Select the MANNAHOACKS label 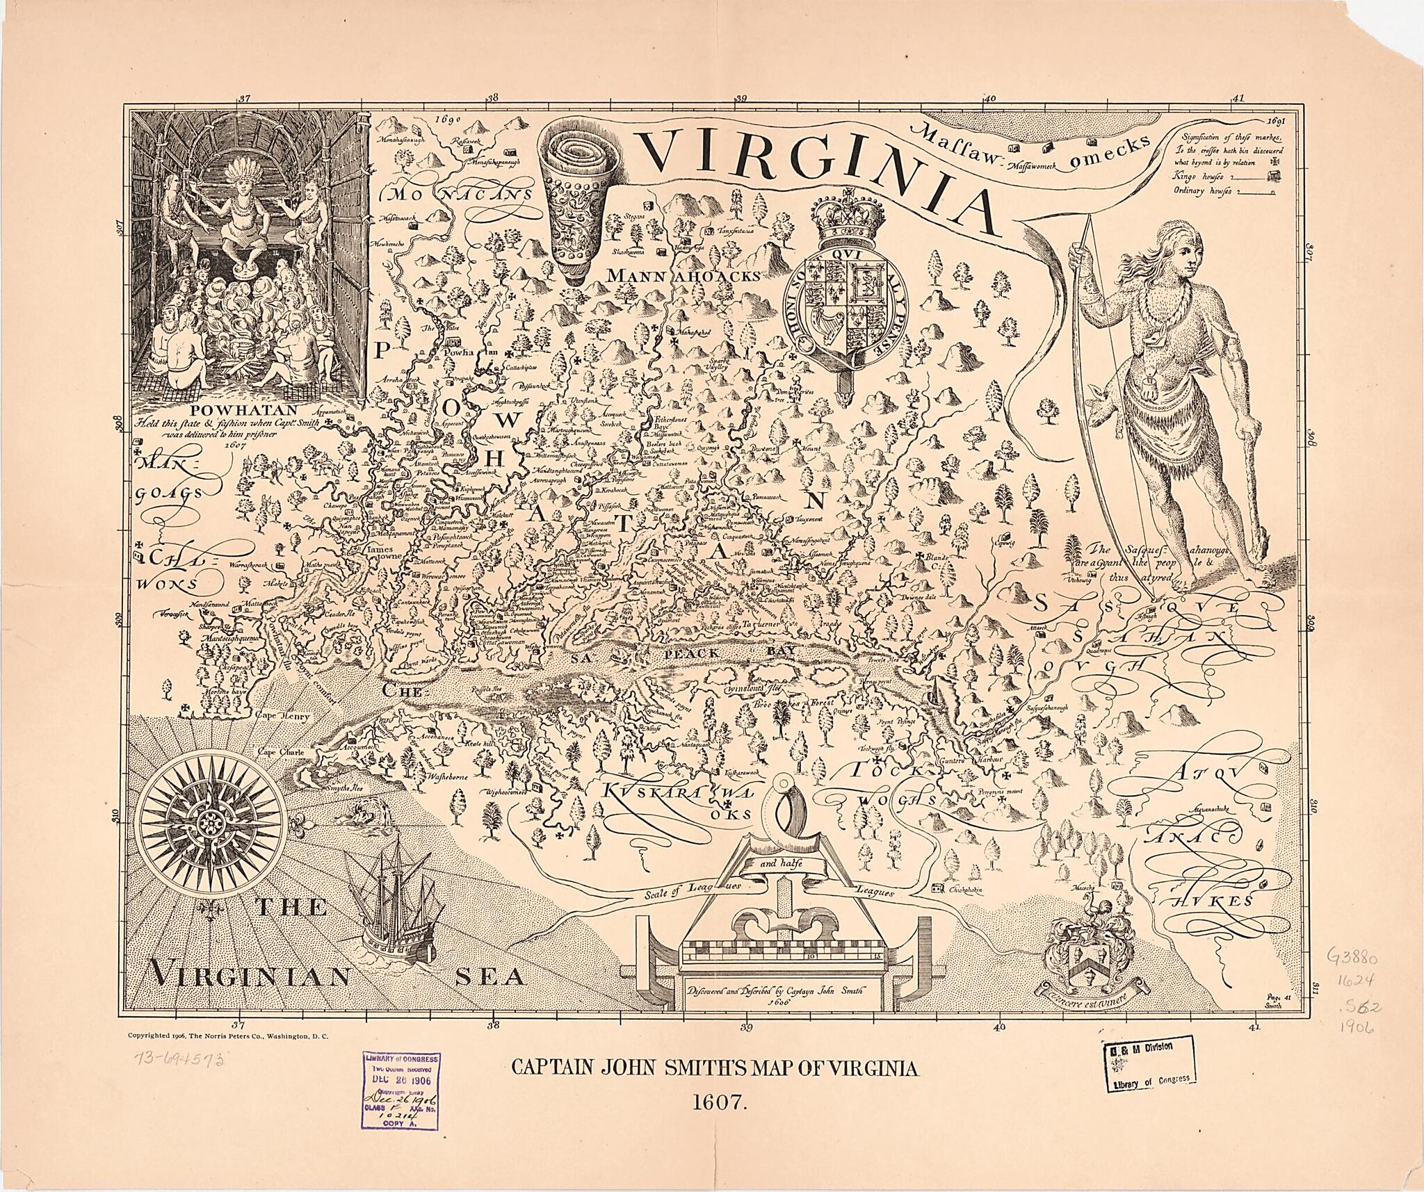[683, 277]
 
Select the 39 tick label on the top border [741, 99]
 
